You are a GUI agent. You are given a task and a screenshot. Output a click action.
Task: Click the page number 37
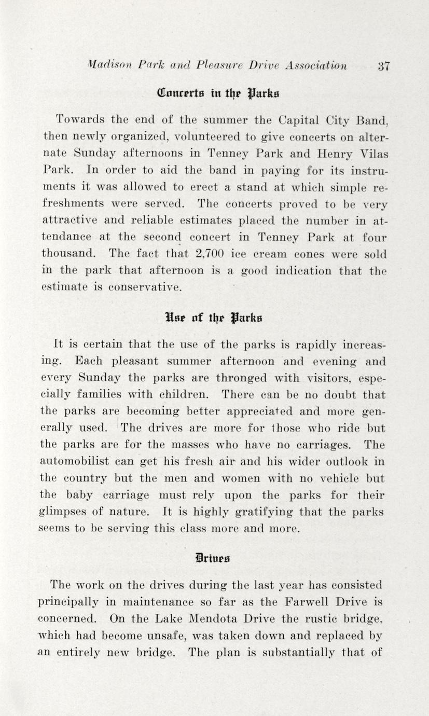[384, 66]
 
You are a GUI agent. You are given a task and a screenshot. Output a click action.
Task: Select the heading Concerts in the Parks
[215, 94]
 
